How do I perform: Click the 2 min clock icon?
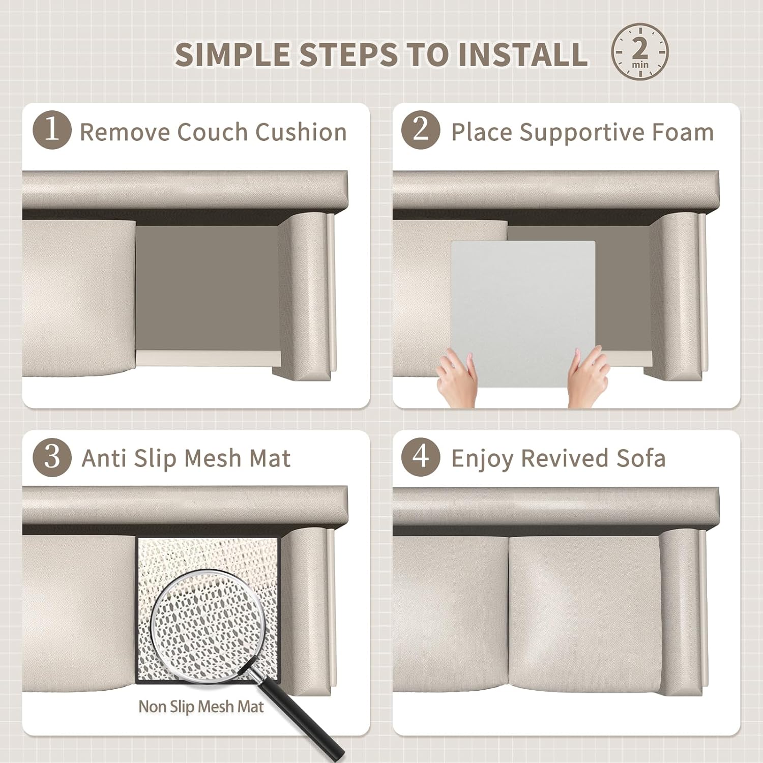pyautogui.click(x=640, y=51)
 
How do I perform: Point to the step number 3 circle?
pyautogui.click(x=52, y=457)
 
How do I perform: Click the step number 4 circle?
pyautogui.click(x=421, y=457)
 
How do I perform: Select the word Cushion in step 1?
pyautogui.click(x=301, y=132)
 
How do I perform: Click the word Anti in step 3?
pyautogui.click(x=104, y=458)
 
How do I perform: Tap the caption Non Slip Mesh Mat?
pyautogui.click(x=201, y=707)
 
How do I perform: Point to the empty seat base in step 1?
pyautogui.click(x=208, y=289)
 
